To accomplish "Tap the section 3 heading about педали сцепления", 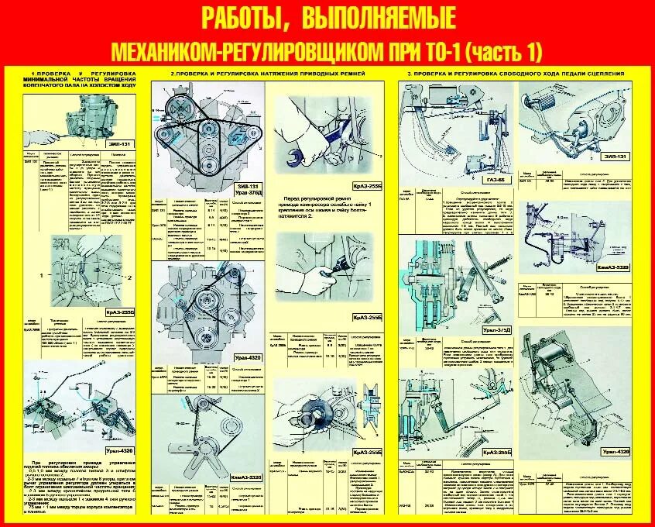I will pos(515,73).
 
